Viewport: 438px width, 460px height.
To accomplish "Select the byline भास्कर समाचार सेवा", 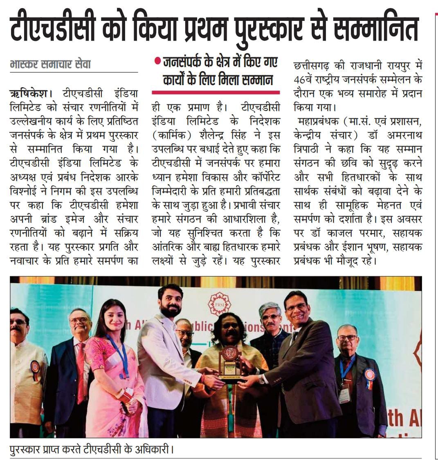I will [x=50, y=65].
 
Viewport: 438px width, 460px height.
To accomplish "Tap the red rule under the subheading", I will [x=216, y=92].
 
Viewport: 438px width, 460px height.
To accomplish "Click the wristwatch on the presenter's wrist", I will [x=261, y=380].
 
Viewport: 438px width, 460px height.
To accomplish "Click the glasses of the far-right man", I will [x=347, y=338].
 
